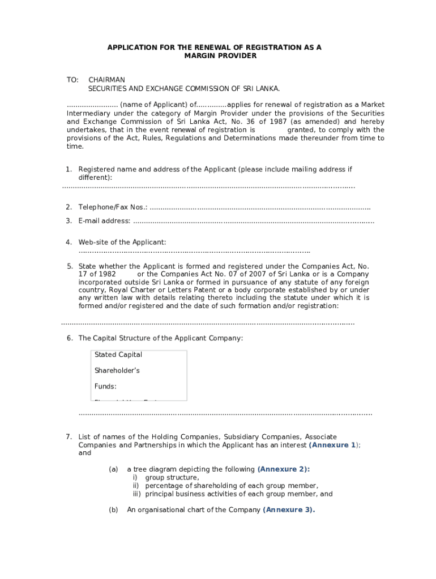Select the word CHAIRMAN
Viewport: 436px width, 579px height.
tap(106, 80)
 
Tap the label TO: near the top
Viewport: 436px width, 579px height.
tap(72, 80)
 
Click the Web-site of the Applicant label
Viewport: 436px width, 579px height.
tap(122, 243)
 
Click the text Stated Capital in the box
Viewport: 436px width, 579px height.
tap(118, 355)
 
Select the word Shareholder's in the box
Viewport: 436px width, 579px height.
tap(117, 371)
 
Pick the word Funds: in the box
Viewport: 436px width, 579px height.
tap(105, 387)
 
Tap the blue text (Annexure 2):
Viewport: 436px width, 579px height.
tap(284, 469)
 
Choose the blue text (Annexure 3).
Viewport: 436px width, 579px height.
tap(289, 510)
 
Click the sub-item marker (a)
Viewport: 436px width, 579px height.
tap(113, 469)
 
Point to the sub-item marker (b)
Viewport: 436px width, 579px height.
tap(113, 510)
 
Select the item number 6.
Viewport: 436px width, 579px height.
tap(69, 338)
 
